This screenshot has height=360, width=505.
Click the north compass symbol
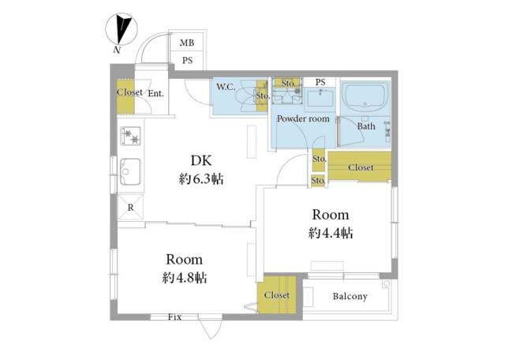click(122, 30)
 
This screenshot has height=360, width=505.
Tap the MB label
click(187, 43)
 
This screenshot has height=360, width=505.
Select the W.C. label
click(226, 87)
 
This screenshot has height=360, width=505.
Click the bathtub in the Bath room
click(365, 97)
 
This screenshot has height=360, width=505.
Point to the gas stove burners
click(130, 136)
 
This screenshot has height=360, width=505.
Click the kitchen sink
click(130, 171)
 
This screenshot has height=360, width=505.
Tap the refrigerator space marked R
click(130, 207)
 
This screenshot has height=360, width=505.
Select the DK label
click(201, 160)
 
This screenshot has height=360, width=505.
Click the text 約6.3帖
click(201, 179)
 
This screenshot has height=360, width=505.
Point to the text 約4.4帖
click(331, 233)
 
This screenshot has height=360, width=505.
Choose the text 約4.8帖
click(184, 277)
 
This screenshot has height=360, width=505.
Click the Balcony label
click(350, 296)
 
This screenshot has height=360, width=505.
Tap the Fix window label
click(174, 317)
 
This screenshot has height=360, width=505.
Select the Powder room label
click(303, 118)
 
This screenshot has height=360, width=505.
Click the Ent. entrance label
click(156, 94)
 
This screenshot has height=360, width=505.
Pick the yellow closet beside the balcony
click(277, 294)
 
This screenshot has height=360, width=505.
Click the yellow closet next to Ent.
click(125, 96)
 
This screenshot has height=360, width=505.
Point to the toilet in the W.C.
click(245, 96)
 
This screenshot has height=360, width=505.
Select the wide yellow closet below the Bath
click(360, 167)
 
